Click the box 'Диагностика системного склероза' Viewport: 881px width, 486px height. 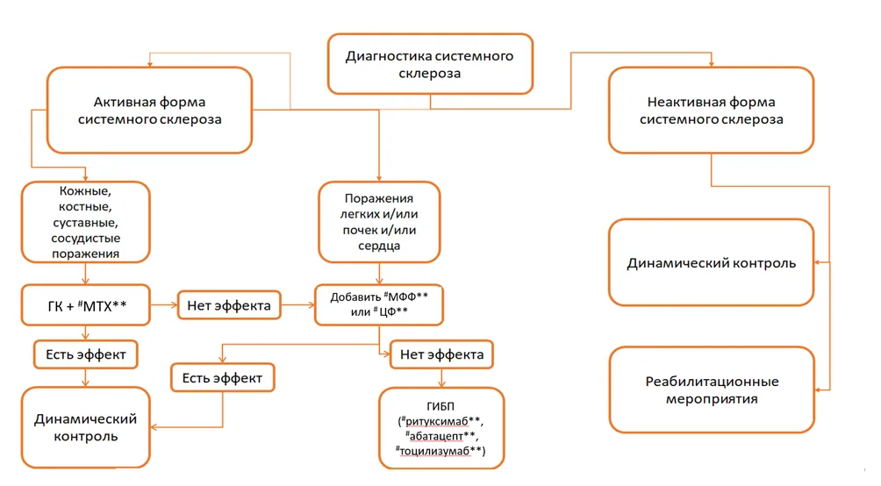point(430,63)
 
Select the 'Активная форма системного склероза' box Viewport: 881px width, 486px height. point(149,111)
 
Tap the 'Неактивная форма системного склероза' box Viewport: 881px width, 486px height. point(711,111)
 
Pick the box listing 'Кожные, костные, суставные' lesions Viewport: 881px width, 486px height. point(85,222)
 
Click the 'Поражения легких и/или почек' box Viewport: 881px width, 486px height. point(379,222)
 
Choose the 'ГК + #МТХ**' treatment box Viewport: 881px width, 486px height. point(85,305)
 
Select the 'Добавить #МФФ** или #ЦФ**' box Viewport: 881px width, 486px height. point(379,305)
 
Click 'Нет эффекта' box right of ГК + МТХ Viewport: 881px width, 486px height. point(229,305)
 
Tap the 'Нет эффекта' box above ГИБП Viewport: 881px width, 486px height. point(441,354)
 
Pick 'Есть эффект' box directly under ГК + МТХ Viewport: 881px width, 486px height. point(85,354)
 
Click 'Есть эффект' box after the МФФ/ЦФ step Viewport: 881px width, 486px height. point(223,378)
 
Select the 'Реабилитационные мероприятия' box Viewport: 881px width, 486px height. point(712,390)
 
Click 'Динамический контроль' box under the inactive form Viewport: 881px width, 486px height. point(712,262)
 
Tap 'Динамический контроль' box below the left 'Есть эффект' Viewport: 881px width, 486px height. point(85,427)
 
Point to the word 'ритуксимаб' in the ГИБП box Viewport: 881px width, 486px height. point(437,421)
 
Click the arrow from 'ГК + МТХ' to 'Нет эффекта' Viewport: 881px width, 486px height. point(164,305)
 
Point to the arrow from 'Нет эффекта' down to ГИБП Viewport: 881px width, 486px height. point(441,378)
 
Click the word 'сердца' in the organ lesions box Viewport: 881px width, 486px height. point(379,246)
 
